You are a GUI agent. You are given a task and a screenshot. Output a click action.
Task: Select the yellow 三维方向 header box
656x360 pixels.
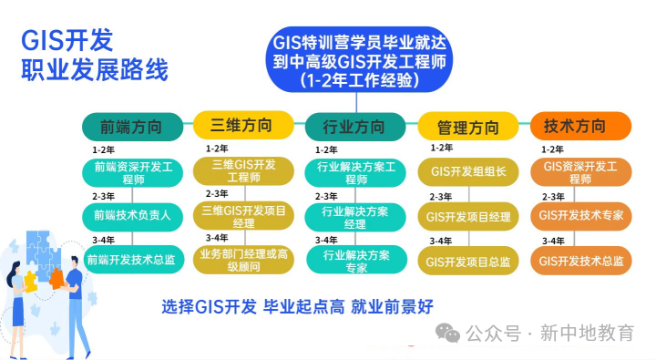click(x=243, y=124)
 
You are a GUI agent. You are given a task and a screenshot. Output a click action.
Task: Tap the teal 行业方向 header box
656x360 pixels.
click(x=354, y=126)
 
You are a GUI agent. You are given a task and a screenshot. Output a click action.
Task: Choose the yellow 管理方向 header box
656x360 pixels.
click(x=467, y=126)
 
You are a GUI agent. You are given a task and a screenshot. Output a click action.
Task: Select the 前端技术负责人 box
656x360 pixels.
click(x=133, y=216)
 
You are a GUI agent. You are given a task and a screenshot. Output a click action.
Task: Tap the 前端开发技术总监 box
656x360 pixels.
click(x=133, y=260)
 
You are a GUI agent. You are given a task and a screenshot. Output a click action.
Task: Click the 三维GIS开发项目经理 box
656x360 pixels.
click(x=243, y=216)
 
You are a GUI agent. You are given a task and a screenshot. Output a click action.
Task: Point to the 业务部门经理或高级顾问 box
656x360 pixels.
click(x=243, y=260)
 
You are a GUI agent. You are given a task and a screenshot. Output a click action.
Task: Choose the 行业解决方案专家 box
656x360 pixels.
click(x=354, y=261)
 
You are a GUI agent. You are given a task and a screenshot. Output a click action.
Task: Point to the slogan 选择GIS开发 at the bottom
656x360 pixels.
click(x=210, y=306)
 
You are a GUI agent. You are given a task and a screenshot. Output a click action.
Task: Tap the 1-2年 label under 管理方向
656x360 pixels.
click(x=441, y=148)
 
